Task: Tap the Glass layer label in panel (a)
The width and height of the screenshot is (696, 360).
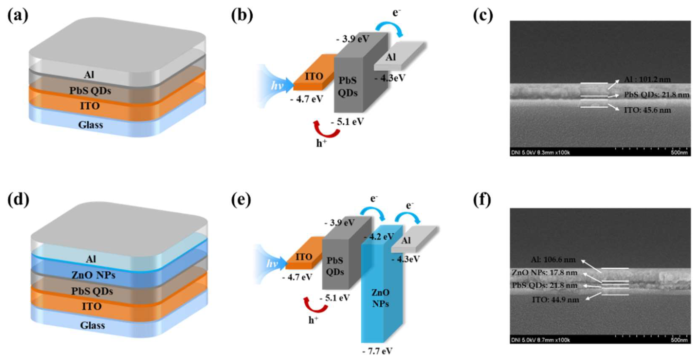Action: point(90,125)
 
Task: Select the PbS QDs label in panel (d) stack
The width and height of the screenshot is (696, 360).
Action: point(92,291)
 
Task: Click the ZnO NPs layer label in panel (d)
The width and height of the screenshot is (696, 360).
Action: point(93,275)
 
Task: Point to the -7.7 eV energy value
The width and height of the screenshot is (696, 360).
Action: point(377,351)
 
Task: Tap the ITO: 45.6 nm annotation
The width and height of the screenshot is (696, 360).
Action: point(647,110)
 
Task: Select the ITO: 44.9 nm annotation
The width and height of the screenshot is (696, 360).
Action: point(555,300)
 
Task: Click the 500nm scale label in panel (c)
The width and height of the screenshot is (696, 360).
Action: point(679,153)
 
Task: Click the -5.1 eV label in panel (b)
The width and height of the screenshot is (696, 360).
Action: point(348,122)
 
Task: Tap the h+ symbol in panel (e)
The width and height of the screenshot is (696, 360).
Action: point(313,320)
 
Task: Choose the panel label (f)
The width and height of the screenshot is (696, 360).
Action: point(482,200)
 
